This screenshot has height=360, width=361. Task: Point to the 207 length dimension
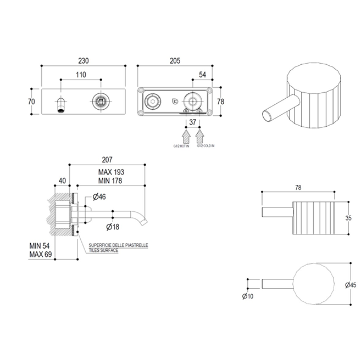(107, 160)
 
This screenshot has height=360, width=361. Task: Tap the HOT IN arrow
(186, 133)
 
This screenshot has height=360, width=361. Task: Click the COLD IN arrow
(199, 133)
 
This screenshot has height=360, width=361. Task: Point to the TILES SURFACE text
(103, 250)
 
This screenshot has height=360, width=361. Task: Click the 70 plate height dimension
(31, 102)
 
